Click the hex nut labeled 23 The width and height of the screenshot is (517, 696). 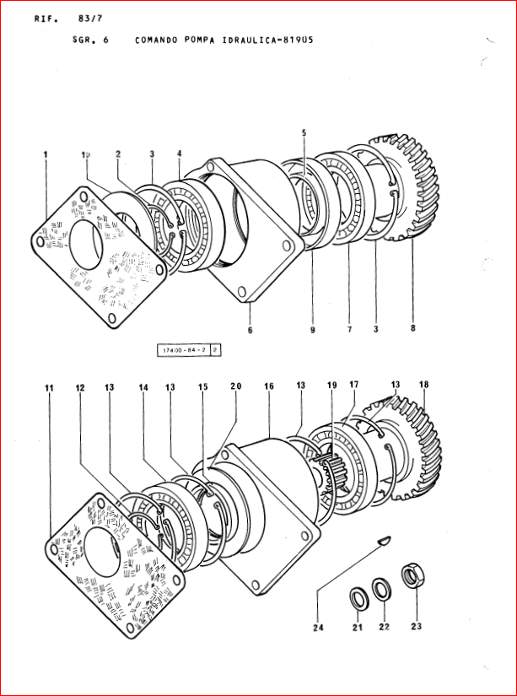[413, 576]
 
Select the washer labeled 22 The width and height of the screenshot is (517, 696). [381, 588]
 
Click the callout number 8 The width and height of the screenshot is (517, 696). [412, 330]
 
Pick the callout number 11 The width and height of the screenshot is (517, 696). [49, 387]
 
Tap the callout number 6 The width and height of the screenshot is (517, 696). [250, 330]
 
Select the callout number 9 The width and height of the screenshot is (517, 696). [311, 330]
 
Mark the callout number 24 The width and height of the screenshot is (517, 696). [318, 626]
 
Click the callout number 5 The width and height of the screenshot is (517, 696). [304, 132]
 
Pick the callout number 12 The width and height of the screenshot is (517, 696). [80, 387]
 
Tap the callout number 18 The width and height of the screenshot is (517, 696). [423, 385]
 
